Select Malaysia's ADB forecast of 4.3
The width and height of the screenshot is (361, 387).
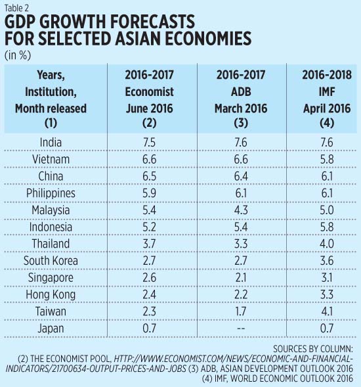click(x=244, y=210)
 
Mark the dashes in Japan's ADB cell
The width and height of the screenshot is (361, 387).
click(x=244, y=327)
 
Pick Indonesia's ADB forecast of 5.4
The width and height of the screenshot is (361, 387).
click(x=244, y=227)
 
